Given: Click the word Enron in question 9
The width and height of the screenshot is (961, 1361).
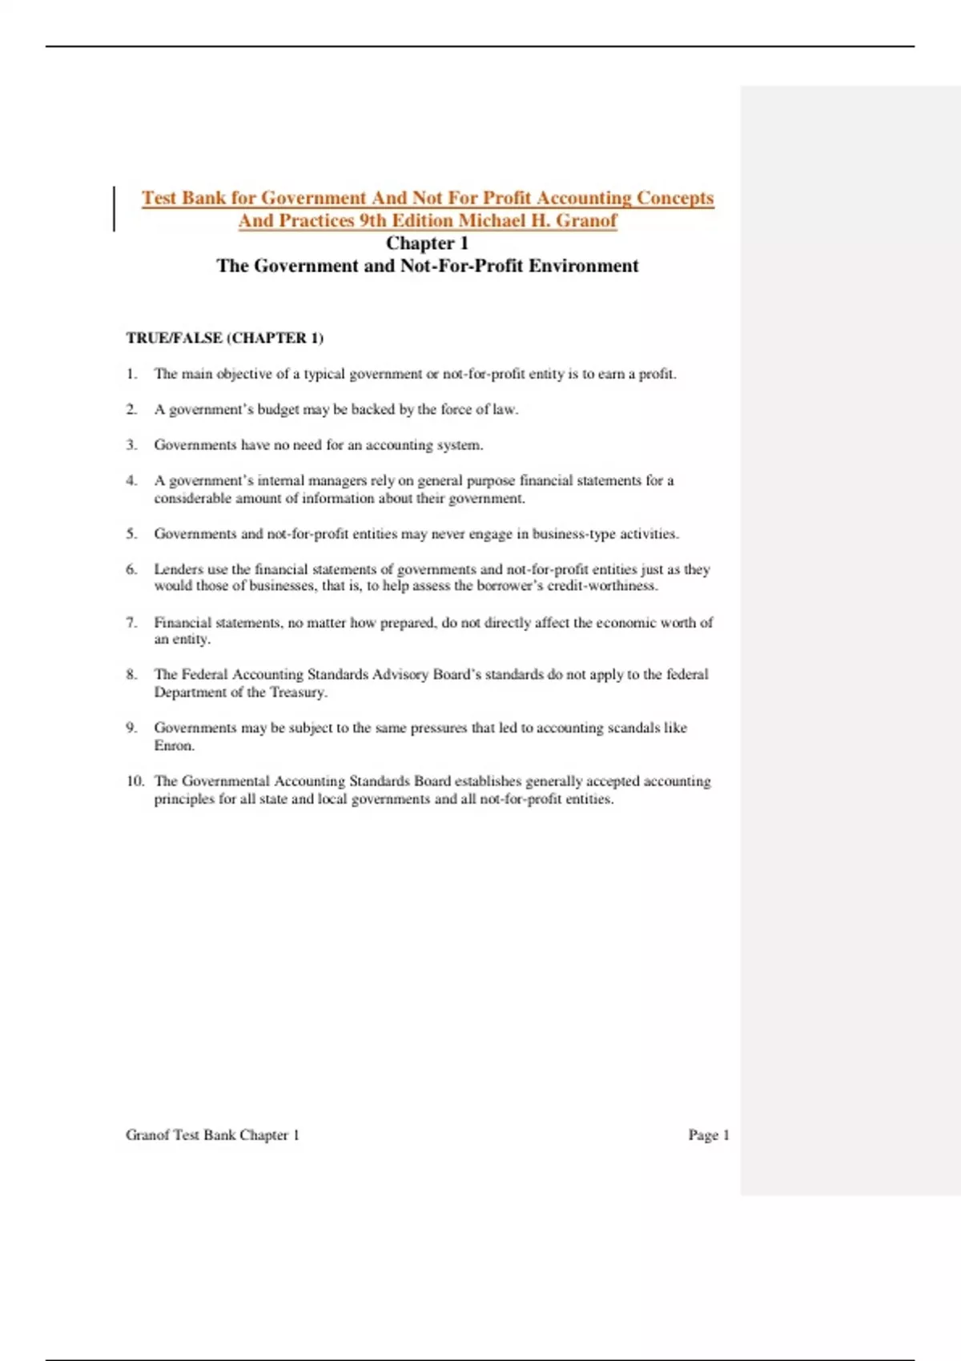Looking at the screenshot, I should [174, 745].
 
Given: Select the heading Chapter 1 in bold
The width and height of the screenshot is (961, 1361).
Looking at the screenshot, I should [427, 243].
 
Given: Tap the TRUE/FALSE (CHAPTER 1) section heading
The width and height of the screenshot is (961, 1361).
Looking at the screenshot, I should [224, 338].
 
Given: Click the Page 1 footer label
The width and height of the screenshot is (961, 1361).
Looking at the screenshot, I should [709, 1134].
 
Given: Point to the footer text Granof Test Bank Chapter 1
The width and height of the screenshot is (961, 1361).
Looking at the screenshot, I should [212, 1134].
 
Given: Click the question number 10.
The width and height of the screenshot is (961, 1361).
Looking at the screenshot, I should [135, 781].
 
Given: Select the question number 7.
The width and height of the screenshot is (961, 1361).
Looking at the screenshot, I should [131, 622].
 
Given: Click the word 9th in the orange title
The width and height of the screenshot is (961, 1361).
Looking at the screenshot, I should [372, 221].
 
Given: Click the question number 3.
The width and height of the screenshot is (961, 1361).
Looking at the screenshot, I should [131, 444].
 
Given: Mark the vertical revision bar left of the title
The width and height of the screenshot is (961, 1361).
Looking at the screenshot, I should [114, 209].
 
